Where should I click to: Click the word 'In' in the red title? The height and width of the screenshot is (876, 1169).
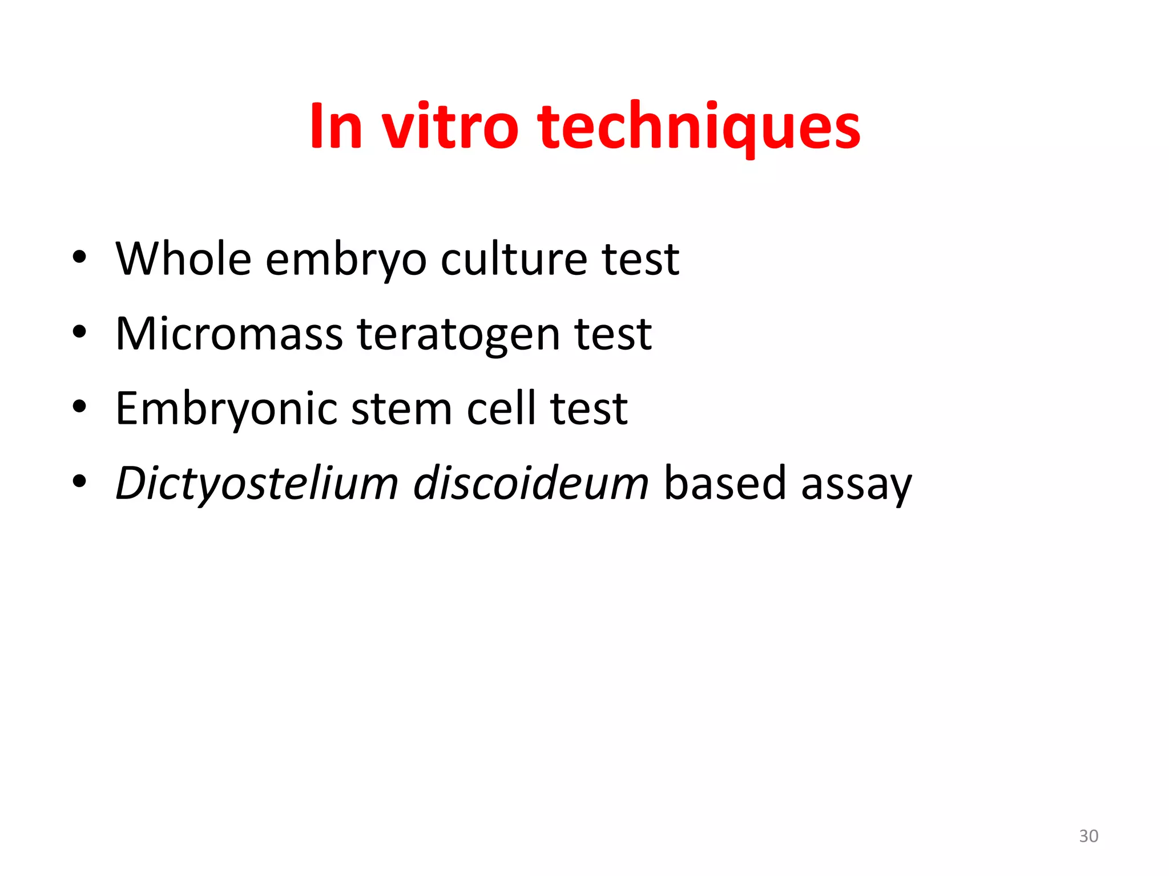point(336,127)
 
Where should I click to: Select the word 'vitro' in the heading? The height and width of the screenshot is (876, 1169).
point(450,127)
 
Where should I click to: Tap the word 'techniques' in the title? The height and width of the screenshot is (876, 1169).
point(699,128)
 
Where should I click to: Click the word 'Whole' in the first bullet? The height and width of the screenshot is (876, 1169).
point(183,259)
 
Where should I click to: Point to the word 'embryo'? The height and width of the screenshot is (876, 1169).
point(346,261)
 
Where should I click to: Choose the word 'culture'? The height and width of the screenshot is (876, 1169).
point(514,259)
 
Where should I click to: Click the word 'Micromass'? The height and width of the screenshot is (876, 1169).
point(229,334)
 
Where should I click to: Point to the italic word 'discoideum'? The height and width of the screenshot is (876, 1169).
point(531,484)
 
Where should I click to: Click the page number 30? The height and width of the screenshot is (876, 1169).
point(1089,836)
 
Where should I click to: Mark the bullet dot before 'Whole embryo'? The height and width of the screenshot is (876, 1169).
point(79,257)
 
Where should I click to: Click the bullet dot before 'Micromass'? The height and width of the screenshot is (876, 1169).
point(79,332)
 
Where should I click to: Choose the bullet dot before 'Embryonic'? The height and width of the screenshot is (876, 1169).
point(79,407)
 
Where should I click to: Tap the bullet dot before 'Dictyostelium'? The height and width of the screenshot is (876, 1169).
point(79,482)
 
